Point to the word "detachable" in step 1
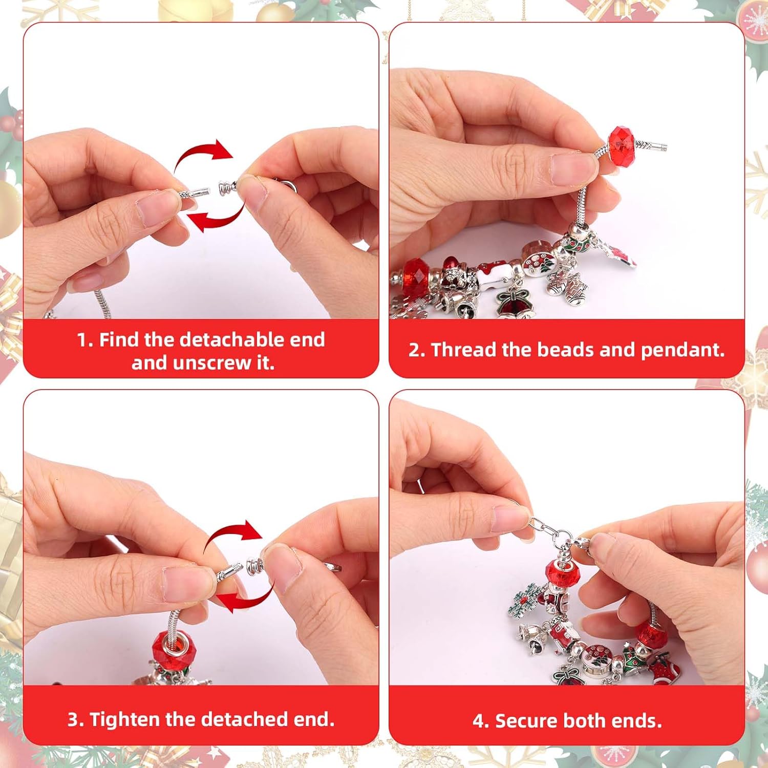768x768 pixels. click(230, 339)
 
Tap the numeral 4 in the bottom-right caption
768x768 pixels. click(478, 721)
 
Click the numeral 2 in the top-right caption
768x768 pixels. click(414, 350)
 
